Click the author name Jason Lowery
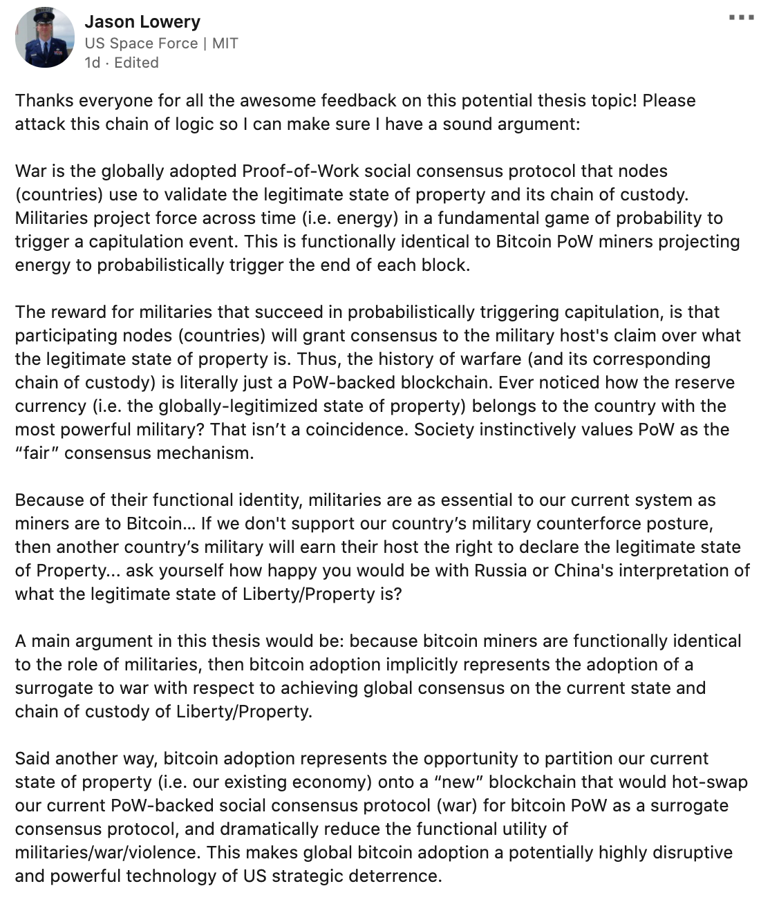(x=142, y=22)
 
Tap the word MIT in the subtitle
(x=225, y=43)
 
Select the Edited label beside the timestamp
(x=136, y=62)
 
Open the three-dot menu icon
(x=742, y=17)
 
